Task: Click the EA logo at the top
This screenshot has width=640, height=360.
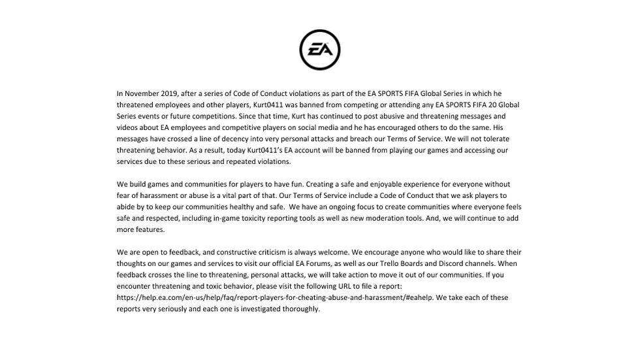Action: point(319,50)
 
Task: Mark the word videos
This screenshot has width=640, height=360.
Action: point(129,127)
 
